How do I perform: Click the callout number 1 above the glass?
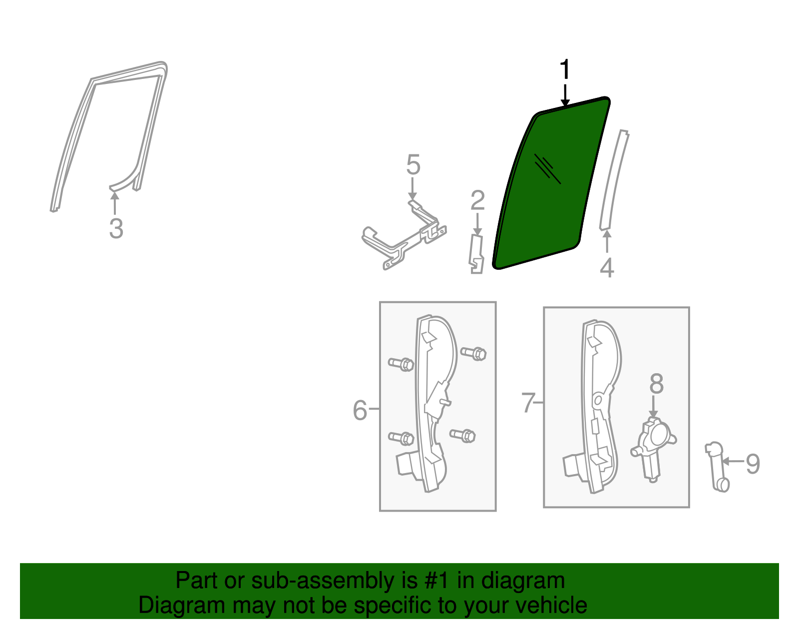565,70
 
